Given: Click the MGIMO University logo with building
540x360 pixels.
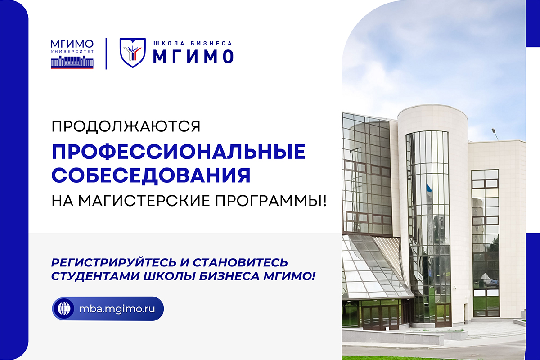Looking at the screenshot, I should point(72,54).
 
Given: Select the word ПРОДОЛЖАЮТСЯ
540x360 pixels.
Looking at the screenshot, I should point(126,126).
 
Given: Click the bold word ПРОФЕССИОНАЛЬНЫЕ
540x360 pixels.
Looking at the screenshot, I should point(179,152).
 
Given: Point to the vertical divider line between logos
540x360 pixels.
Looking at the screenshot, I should point(106,54).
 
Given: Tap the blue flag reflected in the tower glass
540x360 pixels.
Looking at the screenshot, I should point(428,187).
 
